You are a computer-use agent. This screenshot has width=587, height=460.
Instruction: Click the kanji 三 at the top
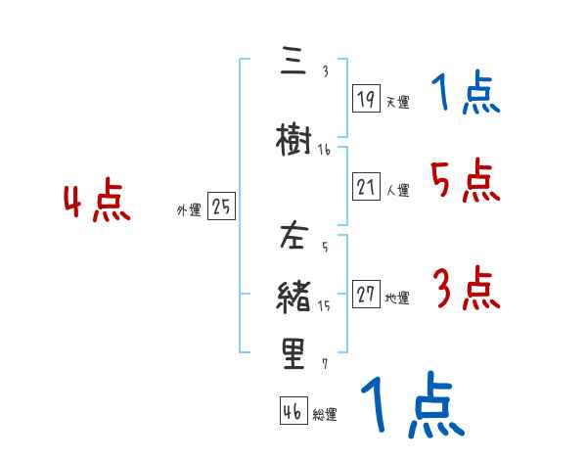293,63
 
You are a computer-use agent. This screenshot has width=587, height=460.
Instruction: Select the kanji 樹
293,141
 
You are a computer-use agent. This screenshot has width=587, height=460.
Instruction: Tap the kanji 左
293,238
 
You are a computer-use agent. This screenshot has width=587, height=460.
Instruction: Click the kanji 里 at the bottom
293,354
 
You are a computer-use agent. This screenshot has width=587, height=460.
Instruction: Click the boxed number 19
366,98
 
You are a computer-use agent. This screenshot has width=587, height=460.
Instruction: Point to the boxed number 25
222,207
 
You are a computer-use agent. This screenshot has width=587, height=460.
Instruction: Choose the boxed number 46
293,412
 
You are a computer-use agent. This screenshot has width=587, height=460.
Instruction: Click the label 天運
397,101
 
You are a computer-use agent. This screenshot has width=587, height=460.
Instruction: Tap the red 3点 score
466,290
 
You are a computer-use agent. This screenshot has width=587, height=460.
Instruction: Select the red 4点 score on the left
96,203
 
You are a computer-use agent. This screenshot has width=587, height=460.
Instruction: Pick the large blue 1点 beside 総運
412,406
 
